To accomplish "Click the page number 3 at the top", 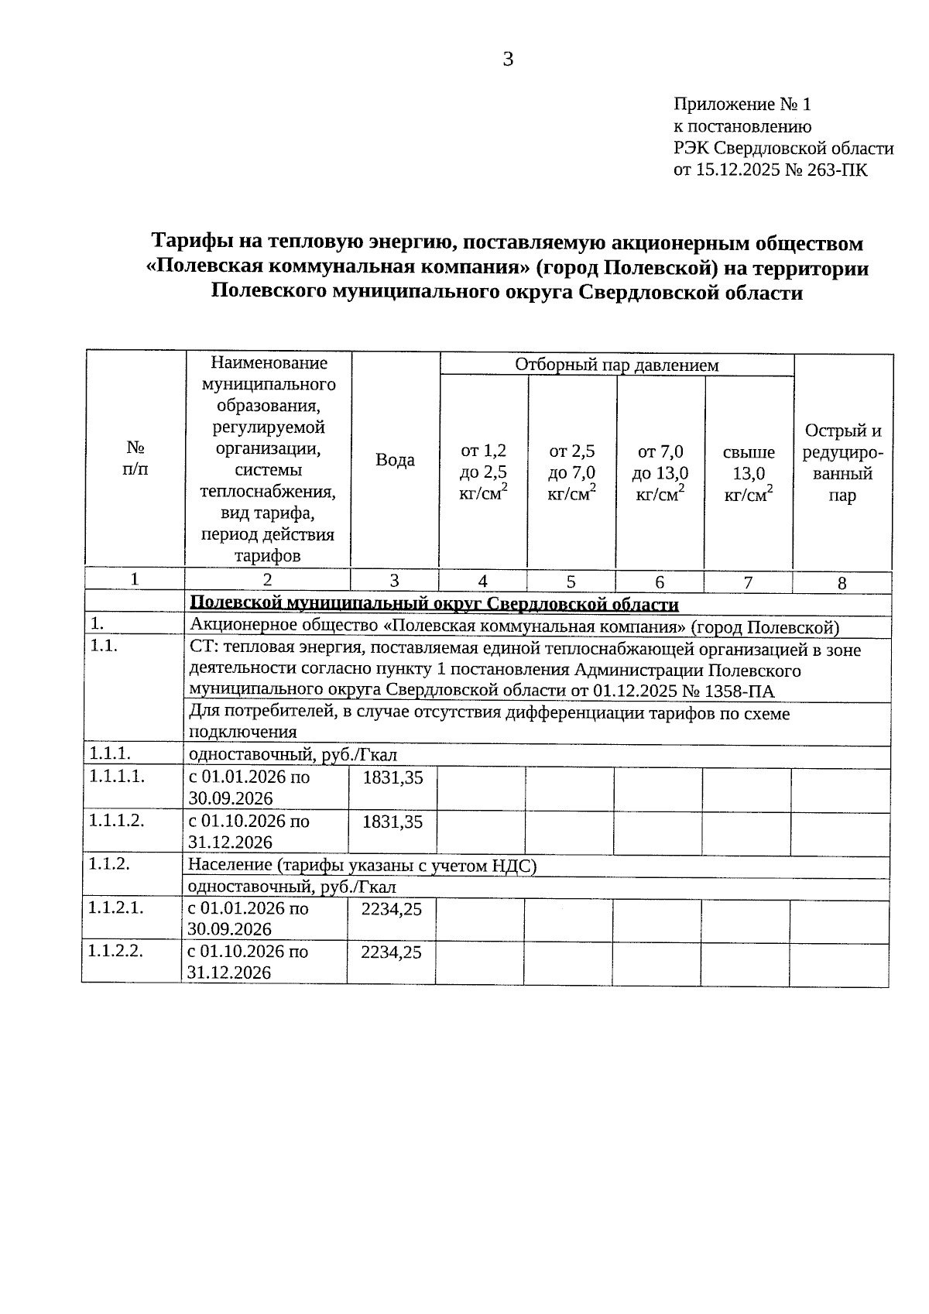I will [x=508, y=60].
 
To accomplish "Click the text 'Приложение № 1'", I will [x=741, y=105].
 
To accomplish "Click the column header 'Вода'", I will [x=395, y=460].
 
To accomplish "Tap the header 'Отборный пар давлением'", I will [x=616, y=365].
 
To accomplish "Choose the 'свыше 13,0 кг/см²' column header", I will [x=749, y=473].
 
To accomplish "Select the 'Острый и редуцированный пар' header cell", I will [x=842, y=462].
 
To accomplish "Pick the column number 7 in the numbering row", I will [x=748, y=583].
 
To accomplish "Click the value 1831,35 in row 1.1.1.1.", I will [x=393, y=778].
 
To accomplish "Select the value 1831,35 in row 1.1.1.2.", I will [x=393, y=822].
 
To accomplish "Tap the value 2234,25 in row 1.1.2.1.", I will [x=392, y=909].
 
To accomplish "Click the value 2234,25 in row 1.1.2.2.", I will [x=392, y=952].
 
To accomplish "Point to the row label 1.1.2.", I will [x=108, y=864].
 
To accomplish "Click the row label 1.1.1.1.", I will [x=117, y=776].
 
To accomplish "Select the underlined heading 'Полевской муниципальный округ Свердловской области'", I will [x=434, y=604].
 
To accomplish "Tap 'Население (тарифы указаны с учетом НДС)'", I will [x=362, y=866].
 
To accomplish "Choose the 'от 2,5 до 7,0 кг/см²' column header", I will [x=571, y=473].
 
